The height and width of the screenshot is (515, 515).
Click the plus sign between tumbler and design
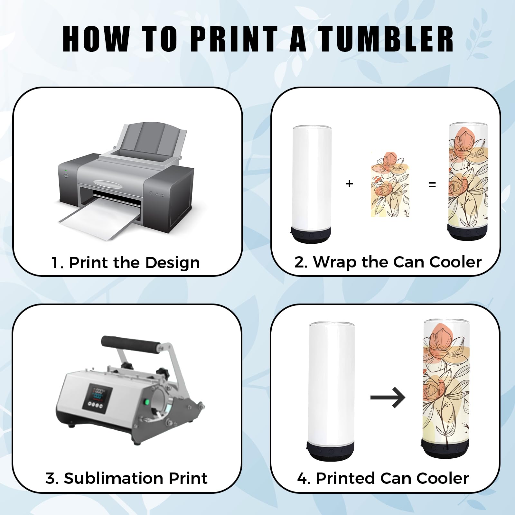point(350,184)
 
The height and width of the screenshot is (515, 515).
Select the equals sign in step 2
point(432,185)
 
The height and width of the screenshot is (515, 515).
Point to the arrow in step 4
point(388,398)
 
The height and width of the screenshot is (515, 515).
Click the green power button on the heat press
point(146,402)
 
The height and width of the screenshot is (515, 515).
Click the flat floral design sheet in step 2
point(390,184)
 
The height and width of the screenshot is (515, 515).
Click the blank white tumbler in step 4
point(331,391)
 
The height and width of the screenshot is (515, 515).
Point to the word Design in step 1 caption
point(172,263)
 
